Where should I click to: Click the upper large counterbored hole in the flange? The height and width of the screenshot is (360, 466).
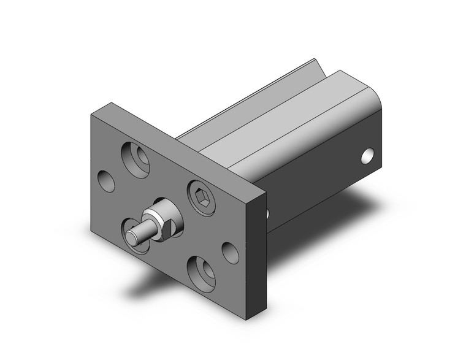tap(139, 157)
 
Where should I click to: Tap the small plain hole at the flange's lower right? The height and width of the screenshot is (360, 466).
tap(230, 251)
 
